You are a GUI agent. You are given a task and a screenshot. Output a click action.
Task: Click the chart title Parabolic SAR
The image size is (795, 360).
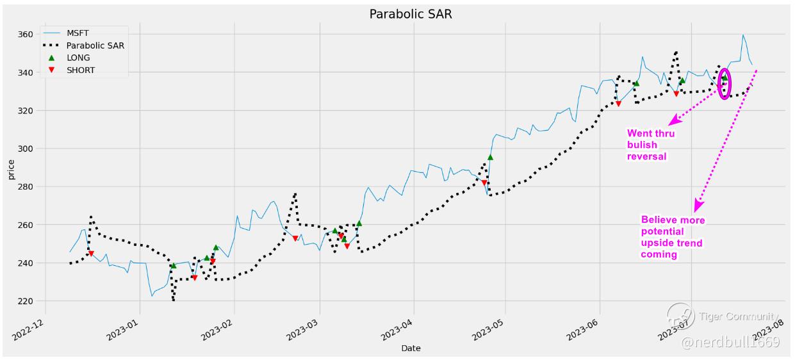click(411, 14)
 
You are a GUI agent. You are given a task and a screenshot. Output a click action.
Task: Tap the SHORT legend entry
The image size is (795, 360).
click(81, 70)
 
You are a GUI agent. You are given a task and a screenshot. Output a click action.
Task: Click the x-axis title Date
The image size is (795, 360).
click(411, 348)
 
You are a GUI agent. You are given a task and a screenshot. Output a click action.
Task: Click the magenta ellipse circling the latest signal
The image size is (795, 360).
click(725, 84)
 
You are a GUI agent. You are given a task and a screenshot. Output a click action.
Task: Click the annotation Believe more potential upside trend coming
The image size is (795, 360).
click(673, 237)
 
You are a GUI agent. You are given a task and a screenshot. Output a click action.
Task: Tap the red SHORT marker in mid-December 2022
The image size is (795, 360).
click(91, 254)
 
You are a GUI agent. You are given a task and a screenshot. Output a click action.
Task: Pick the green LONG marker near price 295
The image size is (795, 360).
click(490, 156)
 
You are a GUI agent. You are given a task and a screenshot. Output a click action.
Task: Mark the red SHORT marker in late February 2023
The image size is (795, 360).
click(295, 238)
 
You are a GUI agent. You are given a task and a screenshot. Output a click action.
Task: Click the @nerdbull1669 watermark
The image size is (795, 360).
click(730, 343)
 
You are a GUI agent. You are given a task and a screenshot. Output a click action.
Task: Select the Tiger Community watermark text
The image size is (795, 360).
click(738, 317)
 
